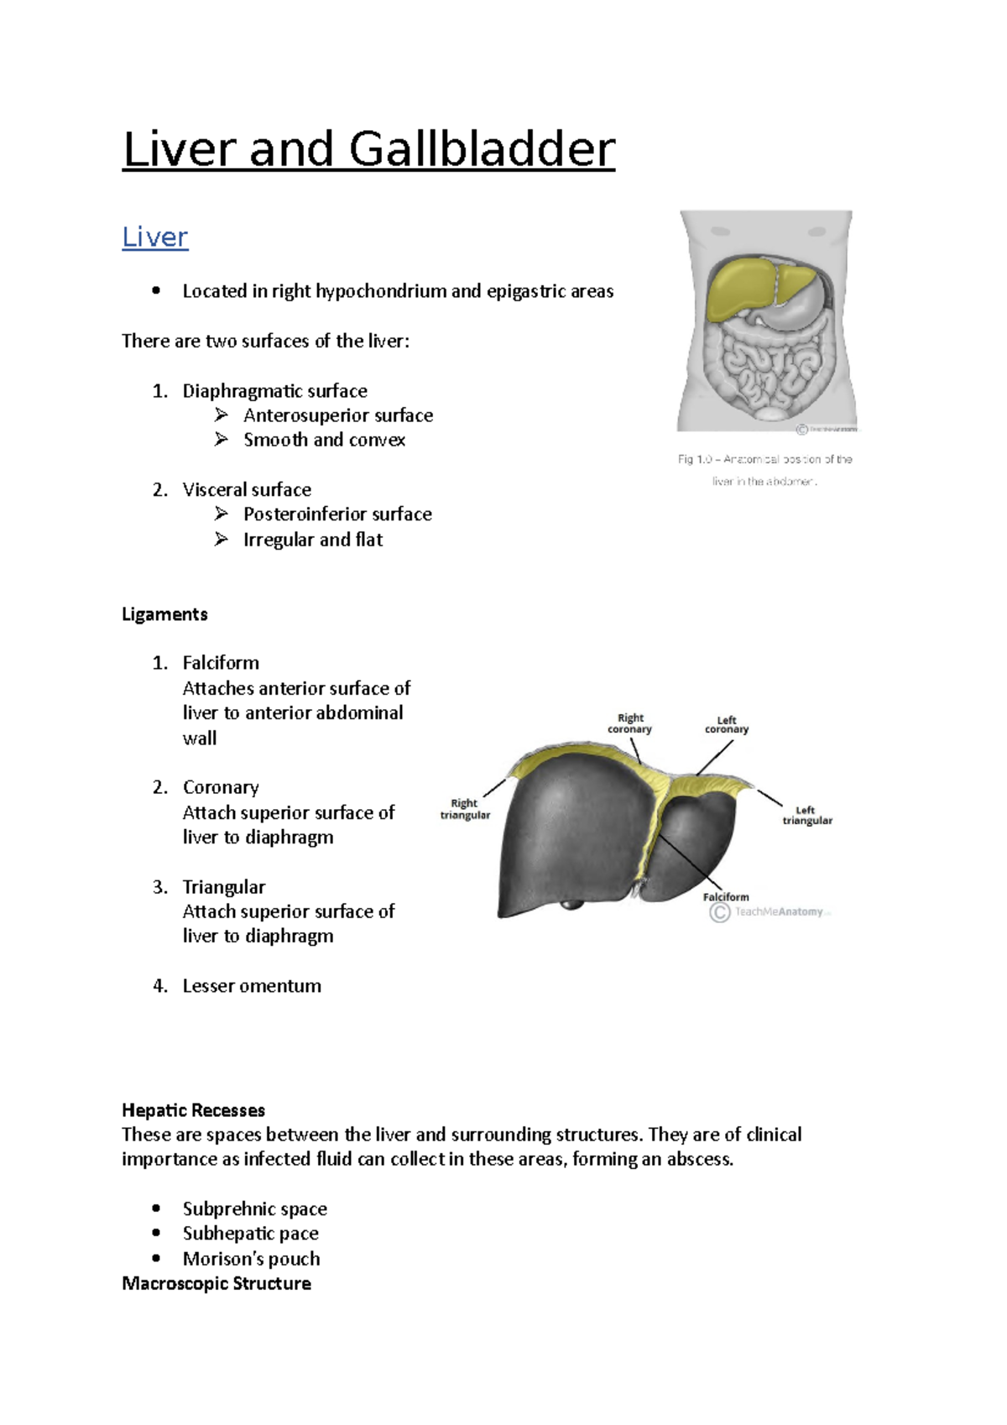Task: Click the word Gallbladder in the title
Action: [482, 150]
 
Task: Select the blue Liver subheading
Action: [154, 237]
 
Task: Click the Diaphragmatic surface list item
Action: [274, 391]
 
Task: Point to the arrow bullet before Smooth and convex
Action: [222, 439]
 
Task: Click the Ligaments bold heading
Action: [164, 614]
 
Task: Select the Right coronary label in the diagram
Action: [629, 723]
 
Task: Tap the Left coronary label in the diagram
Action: [727, 725]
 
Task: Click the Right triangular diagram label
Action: [465, 809]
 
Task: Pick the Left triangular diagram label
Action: [807, 815]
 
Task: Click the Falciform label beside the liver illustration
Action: [726, 896]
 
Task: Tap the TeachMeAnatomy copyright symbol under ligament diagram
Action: [719, 912]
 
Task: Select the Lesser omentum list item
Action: [252, 986]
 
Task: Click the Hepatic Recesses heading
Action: [193, 1110]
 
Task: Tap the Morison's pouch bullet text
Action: [251, 1259]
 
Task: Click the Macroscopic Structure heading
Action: [217, 1283]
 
